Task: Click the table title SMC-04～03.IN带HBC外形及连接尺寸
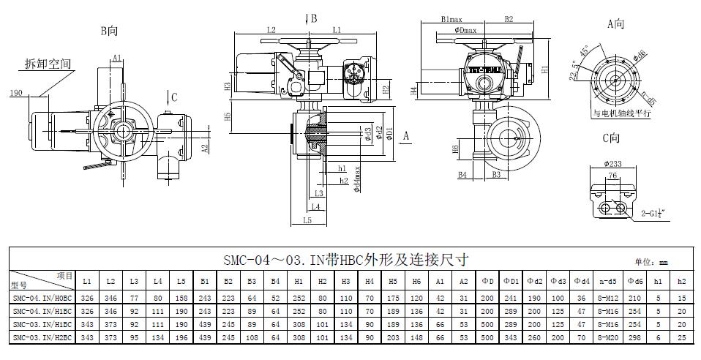point(345,260)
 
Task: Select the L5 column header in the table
point(181,281)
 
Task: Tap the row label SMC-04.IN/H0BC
point(42,298)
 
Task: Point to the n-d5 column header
point(604,281)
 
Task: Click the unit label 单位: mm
point(651,262)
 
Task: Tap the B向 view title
point(109,31)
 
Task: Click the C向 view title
point(611,138)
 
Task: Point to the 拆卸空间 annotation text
point(48,64)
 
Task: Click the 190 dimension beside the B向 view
point(16,94)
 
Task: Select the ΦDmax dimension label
point(465,30)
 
